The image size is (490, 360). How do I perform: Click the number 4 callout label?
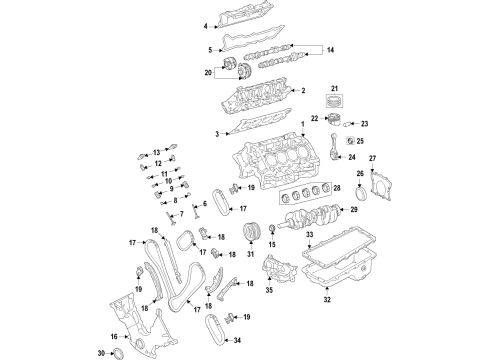click(206, 26)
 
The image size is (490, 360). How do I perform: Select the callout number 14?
click(331, 49)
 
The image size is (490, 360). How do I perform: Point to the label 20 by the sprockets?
click(207, 73)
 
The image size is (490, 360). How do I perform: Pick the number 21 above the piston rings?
click(336, 89)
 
